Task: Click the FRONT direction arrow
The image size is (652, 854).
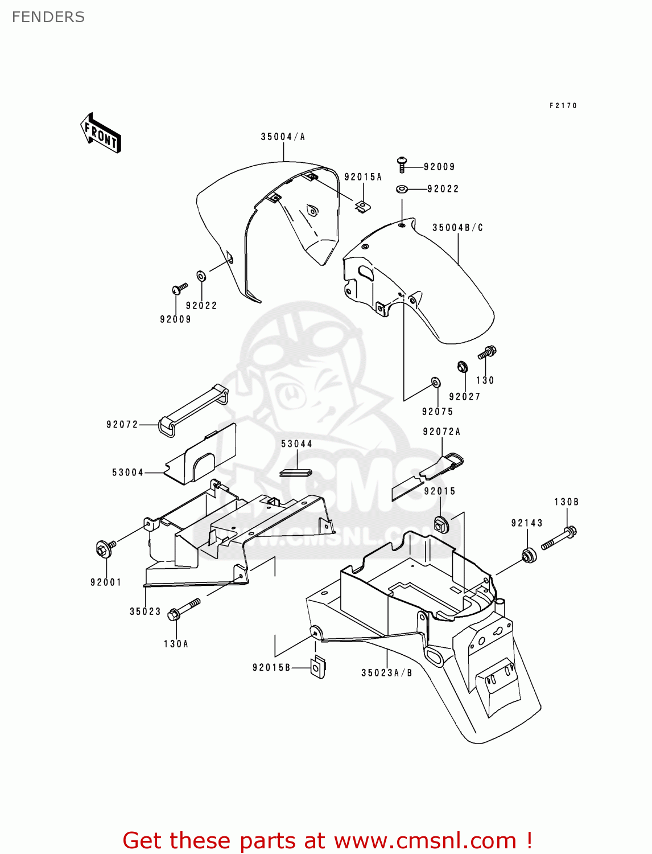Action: [101, 133]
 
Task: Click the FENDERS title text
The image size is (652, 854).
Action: [48, 17]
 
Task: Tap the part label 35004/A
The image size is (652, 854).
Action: [283, 137]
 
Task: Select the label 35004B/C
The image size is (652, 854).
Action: [457, 228]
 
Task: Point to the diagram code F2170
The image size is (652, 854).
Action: [563, 106]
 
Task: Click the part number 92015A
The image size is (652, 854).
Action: [363, 177]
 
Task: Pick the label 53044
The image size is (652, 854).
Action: [296, 444]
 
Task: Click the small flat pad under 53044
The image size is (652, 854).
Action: [296, 472]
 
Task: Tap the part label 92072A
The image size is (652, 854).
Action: [441, 432]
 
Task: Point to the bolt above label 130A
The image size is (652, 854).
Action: [184, 609]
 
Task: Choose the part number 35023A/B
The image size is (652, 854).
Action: [387, 673]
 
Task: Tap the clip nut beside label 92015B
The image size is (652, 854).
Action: [318, 667]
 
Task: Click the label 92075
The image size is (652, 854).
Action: [437, 412]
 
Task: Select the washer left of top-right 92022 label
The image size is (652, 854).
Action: [402, 189]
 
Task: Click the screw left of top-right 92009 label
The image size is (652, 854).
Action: [402, 164]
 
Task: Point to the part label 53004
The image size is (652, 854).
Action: [128, 473]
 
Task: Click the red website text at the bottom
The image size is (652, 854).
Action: [327, 840]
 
